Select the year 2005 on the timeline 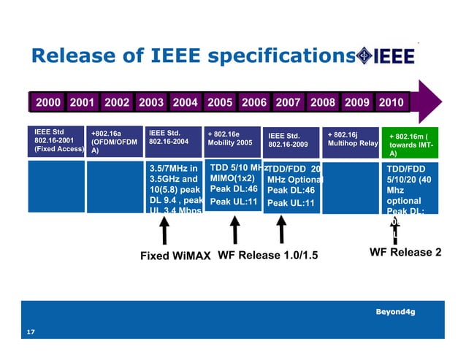coord(220,102)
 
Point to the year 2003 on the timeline coord(151,102)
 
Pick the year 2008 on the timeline coord(323,102)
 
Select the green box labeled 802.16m coord(413,144)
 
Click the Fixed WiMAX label coord(175,256)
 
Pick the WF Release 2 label coord(405,253)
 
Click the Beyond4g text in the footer coord(396,312)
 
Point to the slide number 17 coord(31,333)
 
